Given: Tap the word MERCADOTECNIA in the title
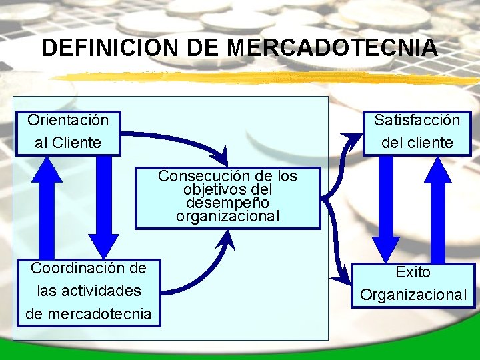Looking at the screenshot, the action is [332, 48].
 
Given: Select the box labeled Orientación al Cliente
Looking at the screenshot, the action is [68, 132].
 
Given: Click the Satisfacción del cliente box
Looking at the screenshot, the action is [417, 132].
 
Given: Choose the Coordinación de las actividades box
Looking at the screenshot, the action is [88, 292].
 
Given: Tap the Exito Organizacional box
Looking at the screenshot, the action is [413, 284].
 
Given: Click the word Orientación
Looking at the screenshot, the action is [68, 121].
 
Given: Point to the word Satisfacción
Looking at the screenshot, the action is [417, 121].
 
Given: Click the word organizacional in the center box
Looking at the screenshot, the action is [227, 217].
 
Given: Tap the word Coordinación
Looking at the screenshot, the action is [88, 269].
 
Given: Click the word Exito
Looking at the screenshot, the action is [413, 272].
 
